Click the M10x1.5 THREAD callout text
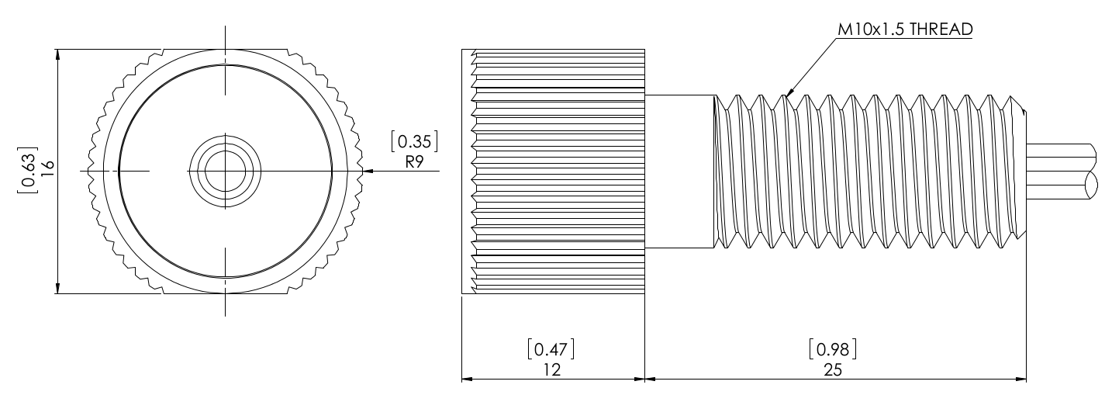pos(904,29)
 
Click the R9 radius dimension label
pos(414,163)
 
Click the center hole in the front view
pos(226,170)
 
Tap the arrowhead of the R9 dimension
pos(368,171)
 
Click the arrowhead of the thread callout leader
pos(789,95)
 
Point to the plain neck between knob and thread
pos(679,171)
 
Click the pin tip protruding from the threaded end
pos(1062,171)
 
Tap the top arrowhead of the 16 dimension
pos(57,55)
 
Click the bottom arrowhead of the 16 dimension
pos(57,288)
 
